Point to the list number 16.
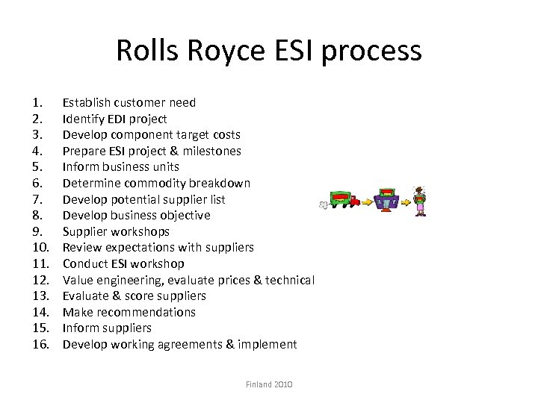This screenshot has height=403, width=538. (40, 344)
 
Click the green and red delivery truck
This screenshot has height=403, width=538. (343, 199)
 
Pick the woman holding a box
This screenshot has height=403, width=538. (420, 200)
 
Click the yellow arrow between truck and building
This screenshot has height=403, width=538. (368, 201)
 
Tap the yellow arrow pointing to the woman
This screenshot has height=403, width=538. (405, 201)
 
